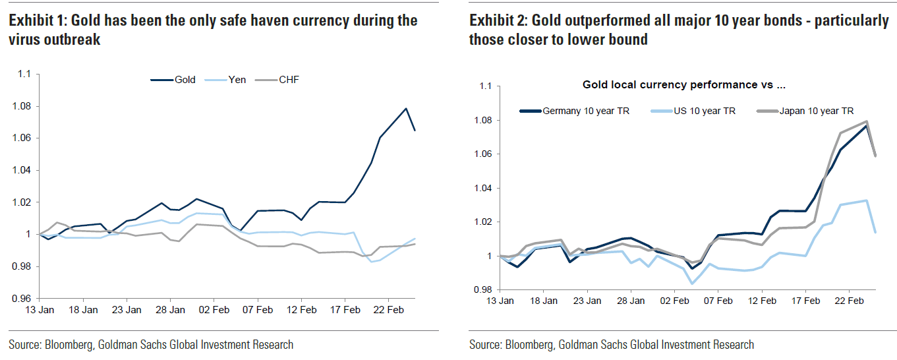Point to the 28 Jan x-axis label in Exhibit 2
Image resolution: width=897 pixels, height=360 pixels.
pyautogui.click(x=631, y=301)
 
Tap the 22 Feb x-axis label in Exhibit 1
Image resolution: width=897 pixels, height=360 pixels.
pyautogui.click(x=388, y=309)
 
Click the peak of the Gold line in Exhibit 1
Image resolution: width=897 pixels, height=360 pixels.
pyautogui.click(x=406, y=108)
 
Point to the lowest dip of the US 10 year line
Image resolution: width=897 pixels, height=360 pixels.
pyautogui.click(x=692, y=284)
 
